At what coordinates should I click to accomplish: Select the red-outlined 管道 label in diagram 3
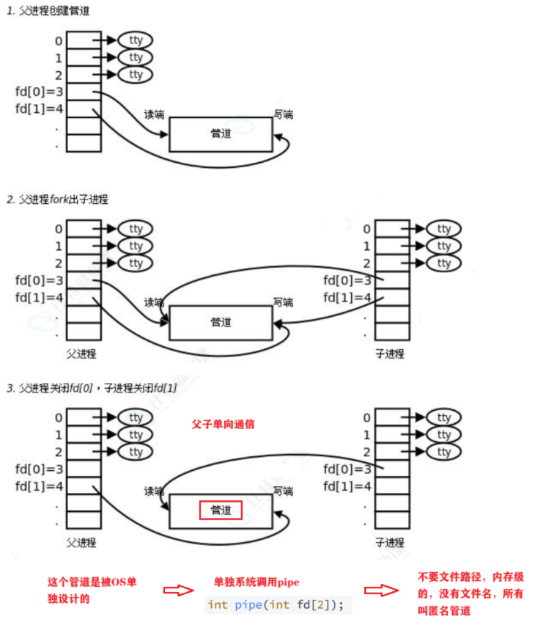(221, 510)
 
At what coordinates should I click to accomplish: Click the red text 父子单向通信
(223, 424)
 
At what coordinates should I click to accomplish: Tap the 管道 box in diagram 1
(221, 134)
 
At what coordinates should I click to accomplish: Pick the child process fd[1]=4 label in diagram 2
(348, 298)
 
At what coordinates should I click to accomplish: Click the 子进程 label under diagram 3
(389, 543)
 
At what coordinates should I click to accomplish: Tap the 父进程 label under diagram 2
(81, 354)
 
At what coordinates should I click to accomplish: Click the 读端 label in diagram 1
(154, 114)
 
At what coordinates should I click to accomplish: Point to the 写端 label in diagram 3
(283, 491)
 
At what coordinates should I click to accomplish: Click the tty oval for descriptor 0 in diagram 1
(136, 40)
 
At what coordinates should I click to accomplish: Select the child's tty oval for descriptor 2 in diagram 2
(443, 263)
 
